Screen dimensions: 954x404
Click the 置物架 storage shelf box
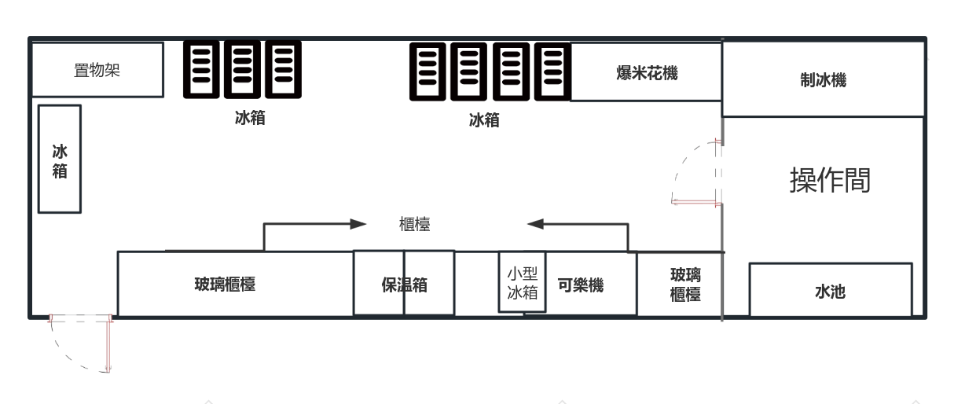(97, 69)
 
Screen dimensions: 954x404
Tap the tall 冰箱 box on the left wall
(60, 159)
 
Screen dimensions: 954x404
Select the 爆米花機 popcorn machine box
(646, 72)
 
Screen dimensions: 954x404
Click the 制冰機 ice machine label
(823, 80)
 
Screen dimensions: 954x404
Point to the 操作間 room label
(830, 180)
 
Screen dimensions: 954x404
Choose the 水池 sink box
(831, 290)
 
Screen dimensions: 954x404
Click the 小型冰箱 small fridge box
(522, 281)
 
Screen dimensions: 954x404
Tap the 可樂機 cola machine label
(581, 285)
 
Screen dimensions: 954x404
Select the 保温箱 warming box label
(404, 285)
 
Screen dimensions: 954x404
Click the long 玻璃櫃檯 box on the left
(235, 284)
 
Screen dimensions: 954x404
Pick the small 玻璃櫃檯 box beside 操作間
(681, 285)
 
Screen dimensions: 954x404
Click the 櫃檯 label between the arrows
(414, 224)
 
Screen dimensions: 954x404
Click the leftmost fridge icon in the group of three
(201, 69)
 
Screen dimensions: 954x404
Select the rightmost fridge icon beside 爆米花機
(552, 72)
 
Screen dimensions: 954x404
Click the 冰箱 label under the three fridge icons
(250, 118)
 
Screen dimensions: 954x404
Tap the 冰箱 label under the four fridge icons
(484, 120)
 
